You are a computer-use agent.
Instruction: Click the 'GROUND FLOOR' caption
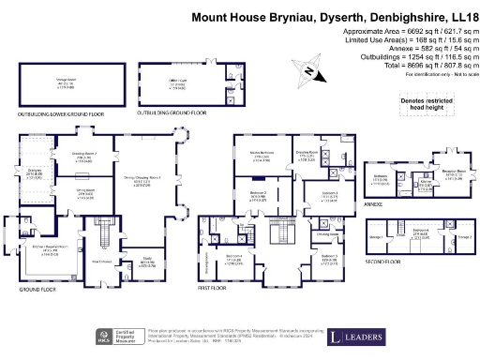click(x=37, y=290)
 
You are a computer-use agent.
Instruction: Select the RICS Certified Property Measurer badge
click(x=116, y=336)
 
